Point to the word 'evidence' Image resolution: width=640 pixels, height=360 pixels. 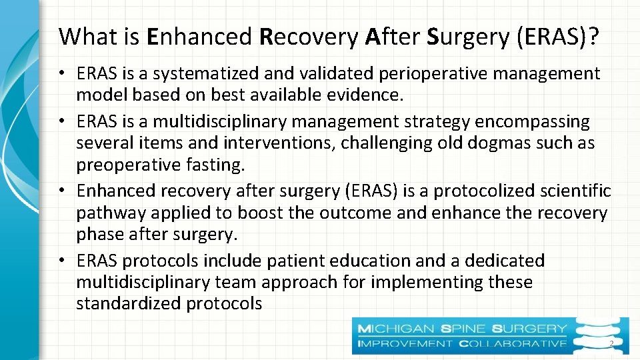click(364, 95)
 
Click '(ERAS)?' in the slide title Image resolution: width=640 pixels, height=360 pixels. click(556, 37)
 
